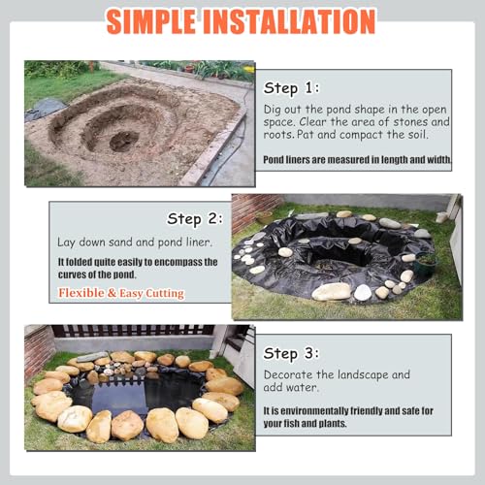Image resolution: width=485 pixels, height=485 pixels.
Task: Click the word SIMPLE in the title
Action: pyautogui.click(x=151, y=21)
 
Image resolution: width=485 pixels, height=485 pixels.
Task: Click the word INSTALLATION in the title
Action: pyautogui.click(x=290, y=21)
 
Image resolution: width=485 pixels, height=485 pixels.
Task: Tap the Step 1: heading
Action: pyautogui.click(x=291, y=88)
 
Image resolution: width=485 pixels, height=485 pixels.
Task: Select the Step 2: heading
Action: pyautogui.click(x=195, y=219)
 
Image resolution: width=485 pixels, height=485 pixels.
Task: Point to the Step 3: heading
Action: pyautogui.click(x=291, y=353)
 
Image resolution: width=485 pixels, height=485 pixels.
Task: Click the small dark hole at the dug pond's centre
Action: pyautogui.click(x=124, y=142)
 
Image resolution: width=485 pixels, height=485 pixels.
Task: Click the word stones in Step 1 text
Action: pyautogui.click(x=410, y=122)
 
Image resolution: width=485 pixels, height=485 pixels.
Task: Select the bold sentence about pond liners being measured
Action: pyautogui.click(x=357, y=159)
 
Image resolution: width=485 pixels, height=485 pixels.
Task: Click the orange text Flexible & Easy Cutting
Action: pyautogui.click(x=121, y=293)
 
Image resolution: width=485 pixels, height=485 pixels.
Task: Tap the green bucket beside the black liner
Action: pyautogui.click(x=427, y=263)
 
